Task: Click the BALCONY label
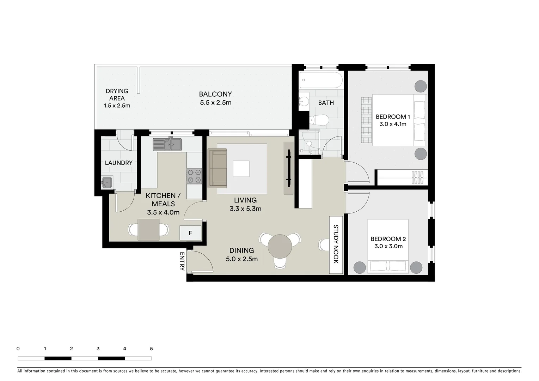[215, 94]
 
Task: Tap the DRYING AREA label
[117, 95]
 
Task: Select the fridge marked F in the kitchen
[190, 233]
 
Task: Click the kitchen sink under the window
[167, 144]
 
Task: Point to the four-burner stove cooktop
[194, 176]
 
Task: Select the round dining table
[280, 247]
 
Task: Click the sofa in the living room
[218, 168]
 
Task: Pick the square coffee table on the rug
[241, 169]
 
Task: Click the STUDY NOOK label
[336, 244]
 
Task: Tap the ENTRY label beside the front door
[182, 261]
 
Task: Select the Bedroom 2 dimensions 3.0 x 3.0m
[388, 246]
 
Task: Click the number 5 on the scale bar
[151, 349]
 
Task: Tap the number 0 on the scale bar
[18, 349]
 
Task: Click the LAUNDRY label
[118, 163]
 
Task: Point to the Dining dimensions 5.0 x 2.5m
[241, 259]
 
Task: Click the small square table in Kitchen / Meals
[148, 229]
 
